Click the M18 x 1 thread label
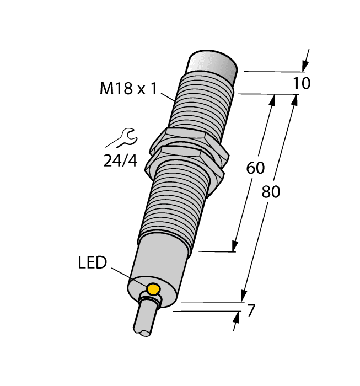tap(128, 88)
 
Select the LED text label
tap(92, 262)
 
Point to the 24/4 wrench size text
tap(120, 160)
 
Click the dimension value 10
tap(302, 84)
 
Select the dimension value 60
tap(255, 168)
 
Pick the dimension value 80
tap(270, 192)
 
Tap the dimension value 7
tap(251, 311)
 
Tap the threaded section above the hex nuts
tap(201, 105)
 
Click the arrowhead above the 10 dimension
tap(304, 66)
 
